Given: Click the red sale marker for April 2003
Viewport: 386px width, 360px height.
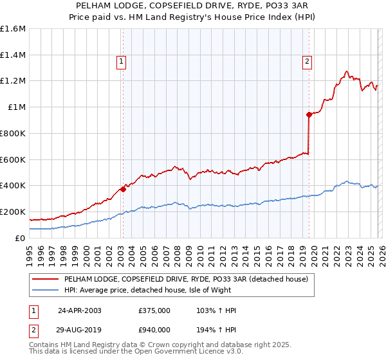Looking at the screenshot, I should [123, 189].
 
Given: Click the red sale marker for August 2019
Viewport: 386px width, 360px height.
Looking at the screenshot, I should [309, 115].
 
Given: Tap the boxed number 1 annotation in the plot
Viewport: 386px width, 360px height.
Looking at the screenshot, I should [121, 62].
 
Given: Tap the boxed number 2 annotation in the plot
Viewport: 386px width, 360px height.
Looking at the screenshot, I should [307, 62].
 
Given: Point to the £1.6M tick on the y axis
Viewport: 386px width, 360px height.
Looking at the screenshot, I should [13, 29].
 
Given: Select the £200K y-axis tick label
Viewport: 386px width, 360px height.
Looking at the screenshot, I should [13, 212].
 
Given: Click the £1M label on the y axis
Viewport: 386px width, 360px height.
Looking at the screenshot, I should [16, 107].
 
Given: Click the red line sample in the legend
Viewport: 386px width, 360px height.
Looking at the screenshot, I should [45, 279].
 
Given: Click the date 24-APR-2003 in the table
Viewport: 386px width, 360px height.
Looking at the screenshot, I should [80, 310].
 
